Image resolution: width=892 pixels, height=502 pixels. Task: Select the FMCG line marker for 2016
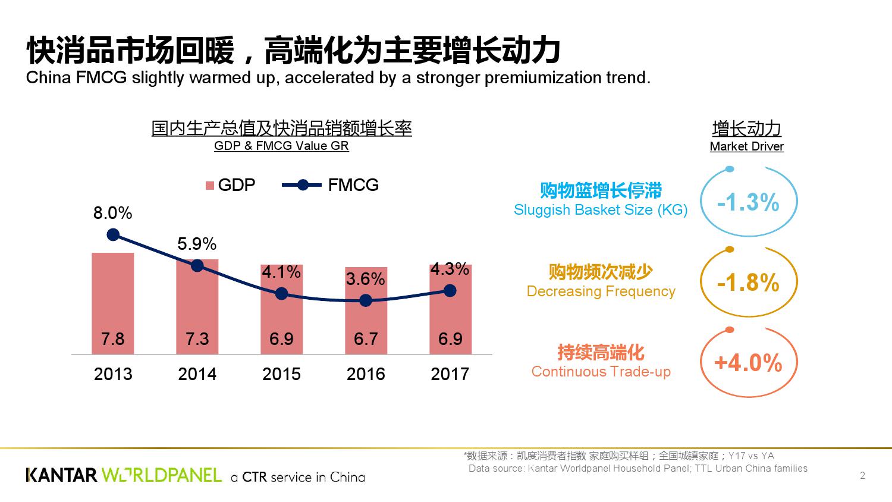coord(366,301)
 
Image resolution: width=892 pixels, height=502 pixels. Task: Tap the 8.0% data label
coord(112,213)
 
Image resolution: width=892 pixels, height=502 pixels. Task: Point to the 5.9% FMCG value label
coord(197,244)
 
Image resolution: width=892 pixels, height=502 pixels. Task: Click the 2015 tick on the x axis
coord(281,374)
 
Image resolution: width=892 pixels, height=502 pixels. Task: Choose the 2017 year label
coord(450,374)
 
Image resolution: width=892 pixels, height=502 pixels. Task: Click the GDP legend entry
coord(230,185)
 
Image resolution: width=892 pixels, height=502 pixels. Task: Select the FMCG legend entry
coord(331,185)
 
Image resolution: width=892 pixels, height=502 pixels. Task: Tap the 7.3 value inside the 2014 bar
coord(197,339)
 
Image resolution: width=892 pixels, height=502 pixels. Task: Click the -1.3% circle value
coord(748,203)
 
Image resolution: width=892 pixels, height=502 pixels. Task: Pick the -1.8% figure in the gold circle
coord(748,283)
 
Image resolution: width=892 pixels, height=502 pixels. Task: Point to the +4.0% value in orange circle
coord(748,362)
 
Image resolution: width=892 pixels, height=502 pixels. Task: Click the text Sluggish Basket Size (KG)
coord(601,210)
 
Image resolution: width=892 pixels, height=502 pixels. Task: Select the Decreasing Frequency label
coord(601,291)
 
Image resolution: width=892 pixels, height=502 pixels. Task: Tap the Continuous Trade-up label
coord(601,372)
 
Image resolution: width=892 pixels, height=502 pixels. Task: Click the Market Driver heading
coord(746,146)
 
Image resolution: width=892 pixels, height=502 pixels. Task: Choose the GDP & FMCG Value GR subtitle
coord(281,146)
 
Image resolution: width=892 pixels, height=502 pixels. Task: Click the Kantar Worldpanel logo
coord(124,475)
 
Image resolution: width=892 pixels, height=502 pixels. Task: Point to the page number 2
coord(862,475)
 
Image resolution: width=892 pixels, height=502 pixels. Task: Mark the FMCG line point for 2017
coord(450,290)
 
